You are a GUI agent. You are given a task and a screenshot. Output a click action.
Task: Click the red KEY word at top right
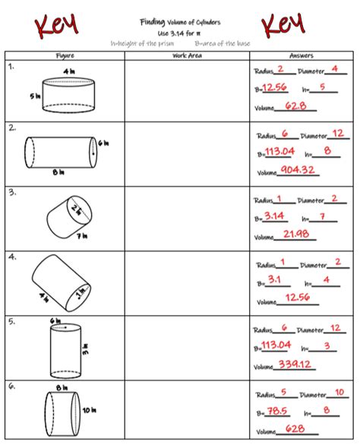coord(283,26)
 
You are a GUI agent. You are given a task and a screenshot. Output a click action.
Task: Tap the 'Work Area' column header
coord(185,55)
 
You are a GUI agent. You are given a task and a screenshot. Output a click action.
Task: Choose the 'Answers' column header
coord(302,55)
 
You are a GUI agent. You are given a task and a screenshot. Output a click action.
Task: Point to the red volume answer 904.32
coord(297,170)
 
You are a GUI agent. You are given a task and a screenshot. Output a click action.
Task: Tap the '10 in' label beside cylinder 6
coord(88,409)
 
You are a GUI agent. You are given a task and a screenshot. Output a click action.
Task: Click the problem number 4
coord(12,257)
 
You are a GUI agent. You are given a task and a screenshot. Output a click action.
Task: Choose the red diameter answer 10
coord(339,393)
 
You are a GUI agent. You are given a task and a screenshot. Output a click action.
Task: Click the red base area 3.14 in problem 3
coord(275,216)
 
